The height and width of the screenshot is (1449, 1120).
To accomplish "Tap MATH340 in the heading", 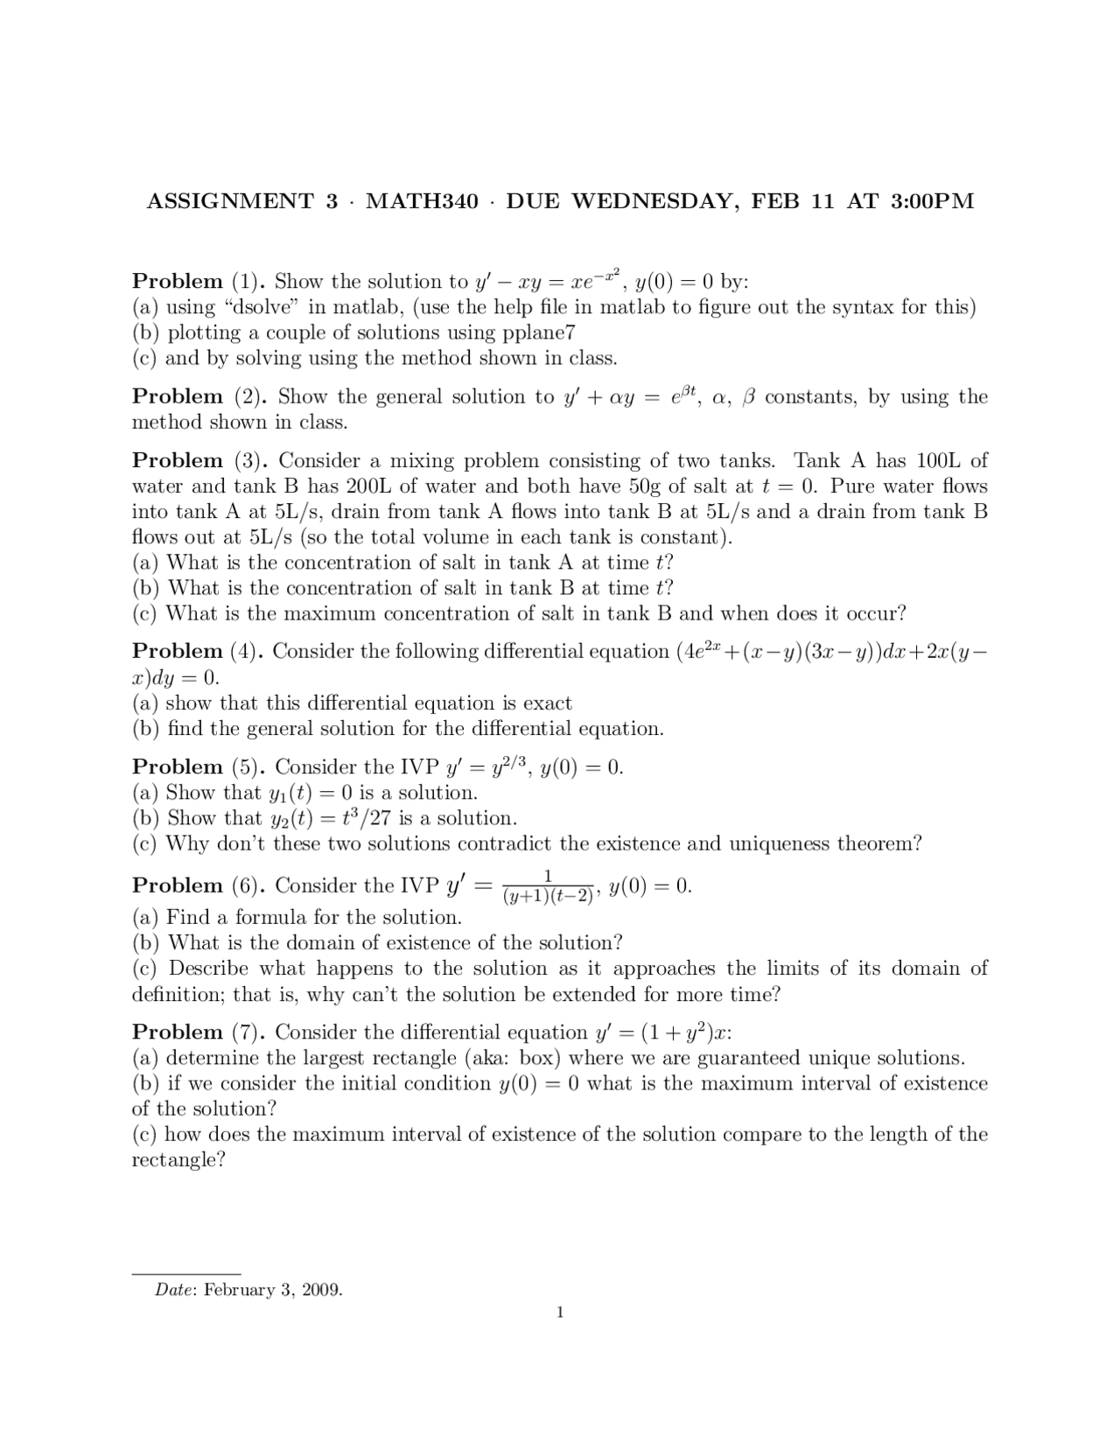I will [x=423, y=201].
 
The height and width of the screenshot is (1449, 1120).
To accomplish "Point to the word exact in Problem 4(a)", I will [x=548, y=703].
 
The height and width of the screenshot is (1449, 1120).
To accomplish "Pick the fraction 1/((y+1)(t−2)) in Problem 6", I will [x=548, y=885].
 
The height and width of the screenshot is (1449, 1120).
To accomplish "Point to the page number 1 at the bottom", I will [x=560, y=1312].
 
